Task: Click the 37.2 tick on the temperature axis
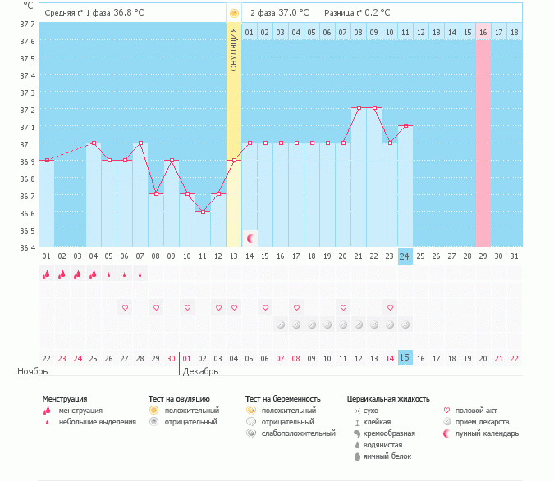pos(27,110)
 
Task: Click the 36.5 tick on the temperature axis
pos(27,213)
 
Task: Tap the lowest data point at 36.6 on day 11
pos(203,211)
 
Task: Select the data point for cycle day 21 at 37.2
pos(358,108)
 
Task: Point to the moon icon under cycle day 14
pos(250,238)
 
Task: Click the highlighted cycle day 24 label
pos(405,256)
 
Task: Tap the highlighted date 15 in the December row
pos(405,358)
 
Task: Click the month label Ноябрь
pos(34,371)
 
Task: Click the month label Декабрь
pos(201,371)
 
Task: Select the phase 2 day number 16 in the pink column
pos(483,32)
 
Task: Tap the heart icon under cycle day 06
pos(125,307)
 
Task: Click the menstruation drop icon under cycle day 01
pos(47,275)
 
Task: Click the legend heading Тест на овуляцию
pos(179,399)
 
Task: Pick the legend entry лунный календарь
pos(488,433)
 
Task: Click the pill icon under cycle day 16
pos(281,324)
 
